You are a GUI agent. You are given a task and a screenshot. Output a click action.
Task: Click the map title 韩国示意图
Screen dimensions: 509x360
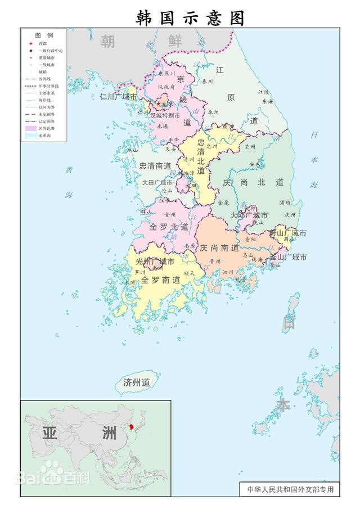click(x=191, y=17)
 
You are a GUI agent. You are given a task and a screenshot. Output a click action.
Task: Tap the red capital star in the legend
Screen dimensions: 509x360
click(x=31, y=43)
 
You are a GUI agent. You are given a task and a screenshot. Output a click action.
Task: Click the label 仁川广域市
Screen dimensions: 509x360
click(x=118, y=97)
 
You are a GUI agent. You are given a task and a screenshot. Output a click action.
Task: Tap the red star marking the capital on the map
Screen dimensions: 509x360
click(x=158, y=103)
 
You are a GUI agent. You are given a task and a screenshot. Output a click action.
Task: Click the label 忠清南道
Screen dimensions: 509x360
click(x=155, y=166)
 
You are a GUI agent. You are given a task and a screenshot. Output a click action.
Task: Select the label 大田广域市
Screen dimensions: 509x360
click(x=157, y=183)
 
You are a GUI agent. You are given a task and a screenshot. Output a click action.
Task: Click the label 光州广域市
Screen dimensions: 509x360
click(x=155, y=262)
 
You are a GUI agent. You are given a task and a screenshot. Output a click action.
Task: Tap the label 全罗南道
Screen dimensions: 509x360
click(x=161, y=280)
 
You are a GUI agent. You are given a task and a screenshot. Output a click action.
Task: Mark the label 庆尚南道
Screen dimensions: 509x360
click(x=219, y=248)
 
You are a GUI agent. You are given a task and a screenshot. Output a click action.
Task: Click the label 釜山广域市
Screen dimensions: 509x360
click(x=288, y=257)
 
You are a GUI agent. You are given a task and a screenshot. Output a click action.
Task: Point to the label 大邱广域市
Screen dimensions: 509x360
click(x=249, y=215)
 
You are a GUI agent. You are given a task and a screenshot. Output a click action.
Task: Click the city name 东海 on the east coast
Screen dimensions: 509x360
click(x=267, y=102)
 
